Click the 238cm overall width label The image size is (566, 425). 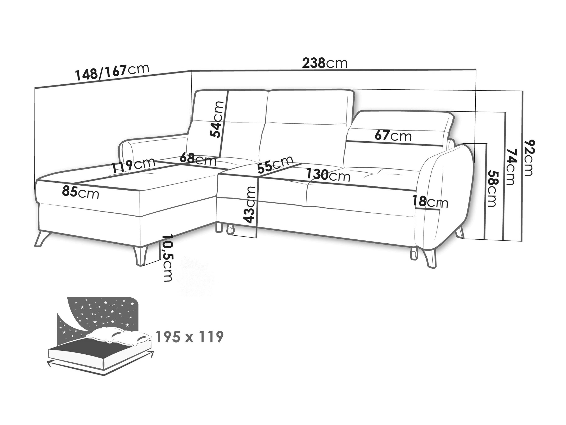pyautogui.click(x=325, y=63)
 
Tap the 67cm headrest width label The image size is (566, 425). pyautogui.click(x=393, y=136)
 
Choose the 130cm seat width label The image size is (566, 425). pyautogui.click(x=328, y=175)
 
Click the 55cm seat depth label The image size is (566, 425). pyautogui.click(x=275, y=165)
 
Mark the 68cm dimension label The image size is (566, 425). pyautogui.click(x=198, y=159)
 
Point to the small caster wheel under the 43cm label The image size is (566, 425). pyautogui.click(x=230, y=230)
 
